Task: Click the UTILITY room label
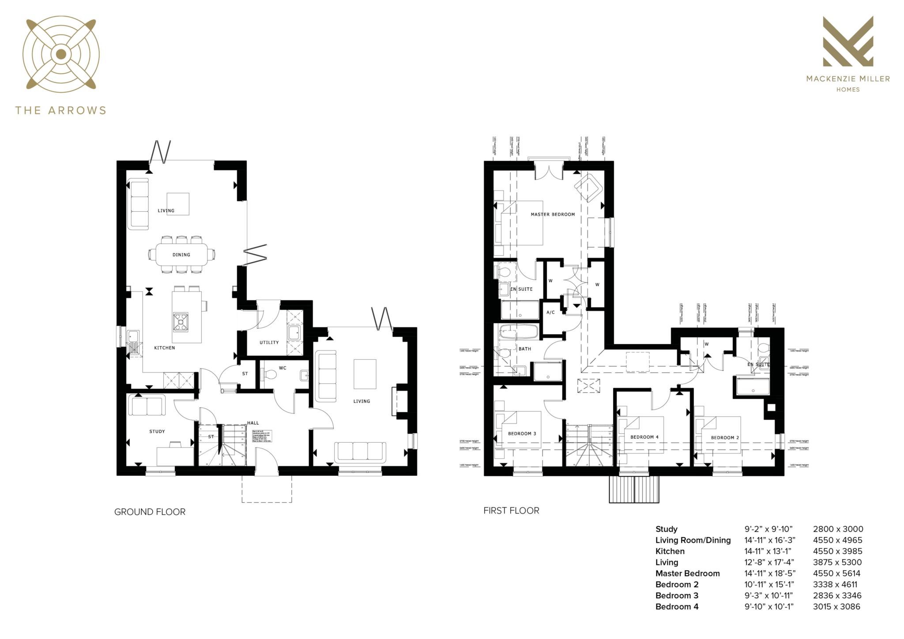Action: pyautogui.click(x=269, y=342)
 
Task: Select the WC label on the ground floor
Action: pyautogui.click(x=282, y=368)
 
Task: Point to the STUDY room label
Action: pyautogui.click(x=157, y=431)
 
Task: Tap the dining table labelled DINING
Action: pyautogui.click(x=181, y=255)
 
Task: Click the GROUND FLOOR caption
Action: pyautogui.click(x=150, y=512)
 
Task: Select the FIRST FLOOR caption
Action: pyautogui.click(x=511, y=511)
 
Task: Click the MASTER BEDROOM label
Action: pyautogui.click(x=553, y=214)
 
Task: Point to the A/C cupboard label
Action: pyautogui.click(x=550, y=312)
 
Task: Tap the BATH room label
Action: pyautogui.click(x=525, y=349)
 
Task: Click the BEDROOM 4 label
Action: pyautogui.click(x=644, y=437)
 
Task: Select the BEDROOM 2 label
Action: pyautogui.click(x=725, y=438)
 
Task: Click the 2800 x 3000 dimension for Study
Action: pyautogui.click(x=838, y=529)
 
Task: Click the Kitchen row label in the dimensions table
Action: pyautogui.click(x=670, y=551)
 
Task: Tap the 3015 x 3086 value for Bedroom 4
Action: pyautogui.click(x=836, y=606)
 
